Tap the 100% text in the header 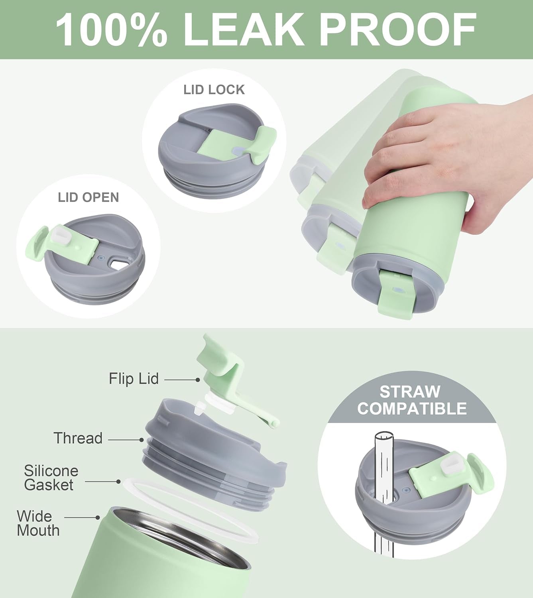111,29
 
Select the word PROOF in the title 398,29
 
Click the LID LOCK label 214,90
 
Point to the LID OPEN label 88,197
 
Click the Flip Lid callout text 134,379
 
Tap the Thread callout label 78,438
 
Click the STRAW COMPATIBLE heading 412,400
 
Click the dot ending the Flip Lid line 198,380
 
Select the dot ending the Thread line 142,440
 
